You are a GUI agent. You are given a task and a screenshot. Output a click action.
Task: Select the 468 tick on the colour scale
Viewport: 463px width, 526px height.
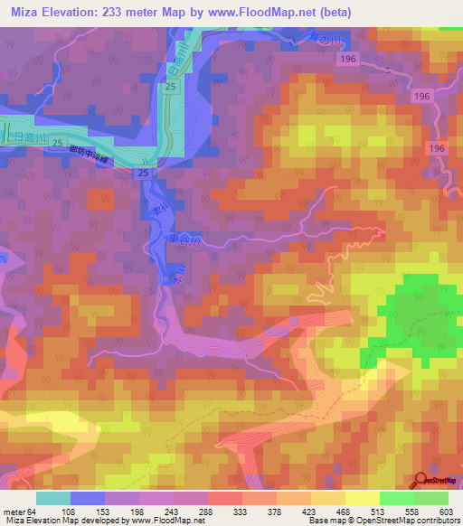345,511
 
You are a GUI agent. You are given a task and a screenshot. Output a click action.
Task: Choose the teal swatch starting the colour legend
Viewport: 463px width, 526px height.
53,498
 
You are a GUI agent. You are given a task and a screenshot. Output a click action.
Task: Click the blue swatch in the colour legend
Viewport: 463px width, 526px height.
88,498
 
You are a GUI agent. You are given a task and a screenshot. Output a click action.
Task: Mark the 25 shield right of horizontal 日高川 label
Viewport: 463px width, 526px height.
57,144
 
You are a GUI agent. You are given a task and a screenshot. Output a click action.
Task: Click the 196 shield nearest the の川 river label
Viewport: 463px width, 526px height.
348,58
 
